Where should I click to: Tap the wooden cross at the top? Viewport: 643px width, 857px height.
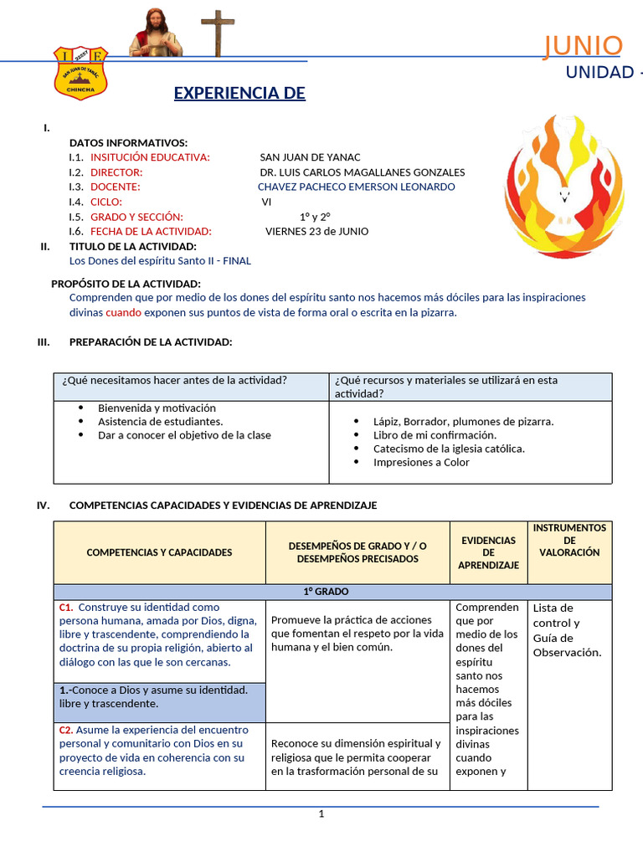pos(219,32)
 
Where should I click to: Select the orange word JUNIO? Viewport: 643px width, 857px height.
pos(583,47)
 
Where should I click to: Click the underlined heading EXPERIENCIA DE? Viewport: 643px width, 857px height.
pos(239,92)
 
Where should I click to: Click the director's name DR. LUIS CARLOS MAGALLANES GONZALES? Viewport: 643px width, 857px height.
pos(363,172)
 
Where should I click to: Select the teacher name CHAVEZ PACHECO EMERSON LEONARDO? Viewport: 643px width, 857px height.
pos(357,187)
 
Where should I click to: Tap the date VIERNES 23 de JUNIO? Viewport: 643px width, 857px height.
pos(316,231)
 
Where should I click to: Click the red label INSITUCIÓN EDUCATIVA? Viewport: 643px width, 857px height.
pos(150,157)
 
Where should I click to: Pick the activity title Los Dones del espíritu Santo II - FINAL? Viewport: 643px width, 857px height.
pos(160,260)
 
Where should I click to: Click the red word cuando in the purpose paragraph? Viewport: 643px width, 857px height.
pos(123,312)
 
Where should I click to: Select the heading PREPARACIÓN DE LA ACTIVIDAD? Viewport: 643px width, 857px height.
pos(151,341)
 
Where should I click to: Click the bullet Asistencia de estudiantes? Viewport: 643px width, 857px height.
pos(160,421)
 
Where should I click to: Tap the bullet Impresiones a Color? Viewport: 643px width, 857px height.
pos(421,462)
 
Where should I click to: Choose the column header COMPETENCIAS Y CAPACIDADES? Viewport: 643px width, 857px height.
pos(159,552)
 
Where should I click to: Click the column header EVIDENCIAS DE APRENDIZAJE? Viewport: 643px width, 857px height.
pos(488,552)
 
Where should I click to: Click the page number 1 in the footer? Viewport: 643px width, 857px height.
pos(321,814)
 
